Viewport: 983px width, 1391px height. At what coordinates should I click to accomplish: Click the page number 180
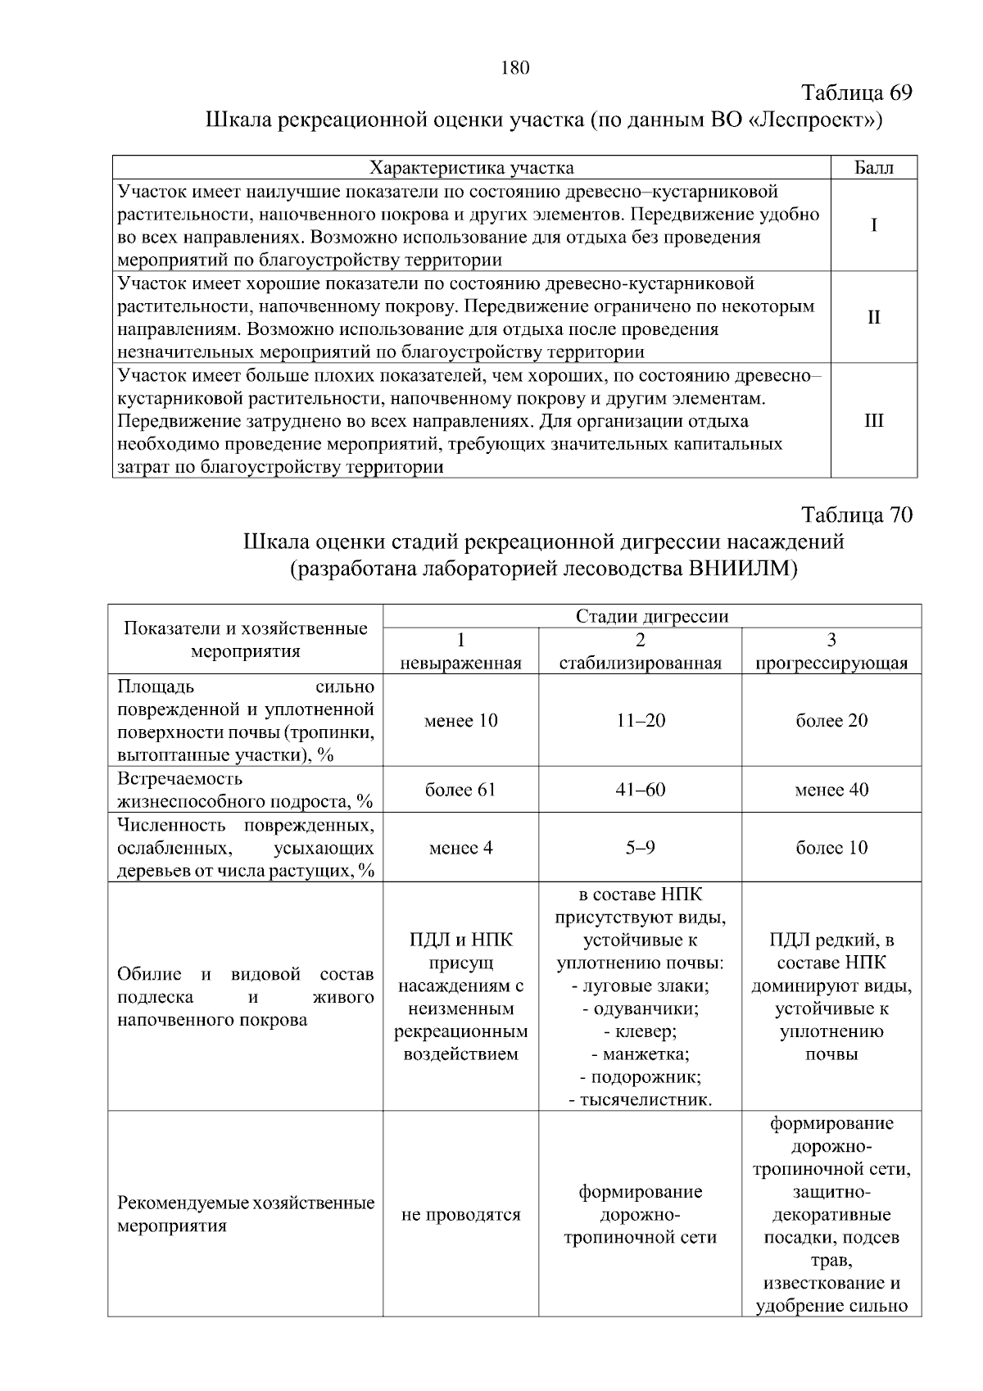pyautogui.click(x=515, y=68)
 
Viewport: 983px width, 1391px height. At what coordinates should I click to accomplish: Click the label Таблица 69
pyautogui.click(x=855, y=92)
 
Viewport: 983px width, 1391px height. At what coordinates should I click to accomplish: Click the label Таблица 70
pyautogui.click(x=855, y=515)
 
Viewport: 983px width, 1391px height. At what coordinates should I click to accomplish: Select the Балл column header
pyautogui.click(x=873, y=168)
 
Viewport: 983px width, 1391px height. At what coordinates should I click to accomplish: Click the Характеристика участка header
pyautogui.click(x=472, y=168)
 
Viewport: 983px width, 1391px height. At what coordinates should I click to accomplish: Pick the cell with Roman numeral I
pyautogui.click(x=874, y=225)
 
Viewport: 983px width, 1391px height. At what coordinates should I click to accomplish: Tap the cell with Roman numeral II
pyautogui.click(x=874, y=317)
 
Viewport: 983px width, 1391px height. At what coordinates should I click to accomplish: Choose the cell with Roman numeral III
pyautogui.click(x=874, y=420)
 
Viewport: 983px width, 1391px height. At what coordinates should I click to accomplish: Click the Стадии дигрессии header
pyautogui.click(x=652, y=616)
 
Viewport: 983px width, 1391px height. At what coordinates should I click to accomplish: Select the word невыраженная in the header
pyautogui.click(x=460, y=663)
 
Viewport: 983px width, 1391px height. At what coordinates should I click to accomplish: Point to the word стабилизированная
pyautogui.click(x=640, y=663)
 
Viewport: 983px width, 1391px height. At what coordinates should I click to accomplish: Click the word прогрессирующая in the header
pyautogui.click(x=831, y=663)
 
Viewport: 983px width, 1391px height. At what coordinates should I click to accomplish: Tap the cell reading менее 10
pyautogui.click(x=460, y=721)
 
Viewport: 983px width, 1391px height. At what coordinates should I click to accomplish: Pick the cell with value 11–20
pyautogui.click(x=640, y=721)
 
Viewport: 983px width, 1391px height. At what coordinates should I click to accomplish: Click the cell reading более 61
pyautogui.click(x=460, y=790)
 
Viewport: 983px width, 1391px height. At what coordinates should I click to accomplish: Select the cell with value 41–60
pyautogui.click(x=640, y=790)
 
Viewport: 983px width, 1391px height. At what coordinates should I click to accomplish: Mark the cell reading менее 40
pyautogui.click(x=831, y=790)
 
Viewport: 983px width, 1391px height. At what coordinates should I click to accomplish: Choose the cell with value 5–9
pyautogui.click(x=640, y=848)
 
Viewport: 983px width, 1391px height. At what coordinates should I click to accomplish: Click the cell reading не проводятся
pyautogui.click(x=460, y=1215)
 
